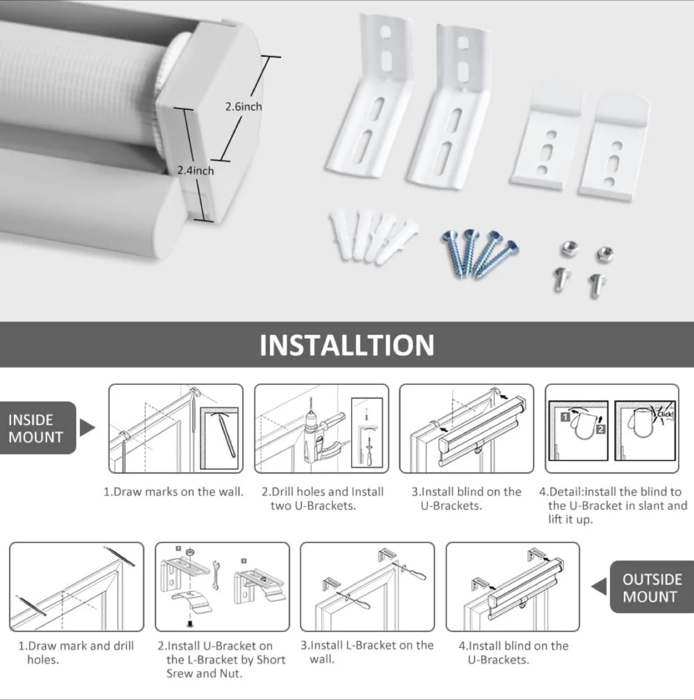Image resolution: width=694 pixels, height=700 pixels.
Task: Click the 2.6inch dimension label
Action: pyautogui.click(x=243, y=106)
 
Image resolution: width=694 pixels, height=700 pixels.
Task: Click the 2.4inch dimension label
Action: pyautogui.click(x=195, y=171)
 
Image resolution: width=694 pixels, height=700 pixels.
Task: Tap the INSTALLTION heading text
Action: pyautogui.click(x=347, y=345)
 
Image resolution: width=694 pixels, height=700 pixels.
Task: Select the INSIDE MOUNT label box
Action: pyautogui.click(x=37, y=428)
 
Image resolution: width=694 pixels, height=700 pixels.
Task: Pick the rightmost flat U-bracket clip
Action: pyautogui.click(x=614, y=146)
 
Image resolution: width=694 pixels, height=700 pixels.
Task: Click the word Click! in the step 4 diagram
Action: pyautogui.click(x=665, y=414)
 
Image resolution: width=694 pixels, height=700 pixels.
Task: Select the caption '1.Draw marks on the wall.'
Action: pyautogui.click(x=173, y=492)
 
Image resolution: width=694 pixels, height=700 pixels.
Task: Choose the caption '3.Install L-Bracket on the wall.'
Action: pyautogui.click(x=367, y=652)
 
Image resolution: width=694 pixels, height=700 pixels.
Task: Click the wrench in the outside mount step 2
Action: pyautogui.click(x=216, y=575)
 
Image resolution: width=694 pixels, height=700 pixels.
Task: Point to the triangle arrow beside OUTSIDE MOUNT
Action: pyautogui.click(x=599, y=587)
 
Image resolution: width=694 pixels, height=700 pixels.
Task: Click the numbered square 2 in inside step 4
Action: pyautogui.click(x=601, y=429)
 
